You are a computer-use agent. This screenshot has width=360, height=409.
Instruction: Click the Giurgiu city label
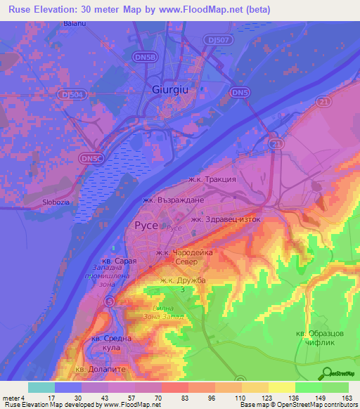click(172, 89)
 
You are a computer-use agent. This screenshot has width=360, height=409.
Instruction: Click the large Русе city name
click(147, 226)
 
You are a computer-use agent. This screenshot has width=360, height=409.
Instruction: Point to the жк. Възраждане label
click(173, 200)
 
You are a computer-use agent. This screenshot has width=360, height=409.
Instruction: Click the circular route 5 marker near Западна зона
click(110, 301)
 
